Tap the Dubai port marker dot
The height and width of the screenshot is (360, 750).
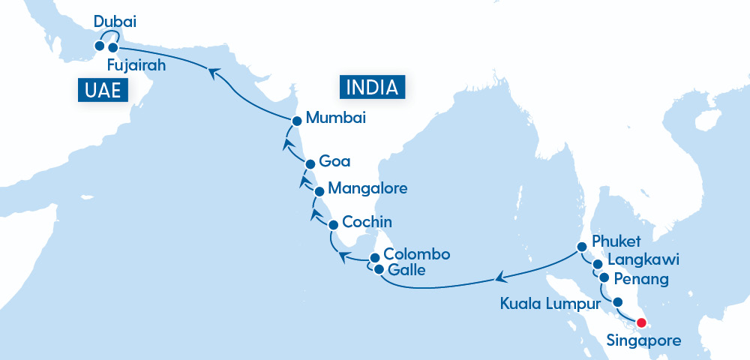[99, 46]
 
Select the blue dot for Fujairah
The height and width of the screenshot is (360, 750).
[113, 48]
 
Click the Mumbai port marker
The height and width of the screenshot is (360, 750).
[297, 120]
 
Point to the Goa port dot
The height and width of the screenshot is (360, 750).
[309, 163]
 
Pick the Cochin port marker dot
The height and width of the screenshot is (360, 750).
[333, 224]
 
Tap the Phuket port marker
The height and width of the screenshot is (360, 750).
[581, 246]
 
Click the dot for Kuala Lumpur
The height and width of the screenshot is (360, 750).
[617, 302]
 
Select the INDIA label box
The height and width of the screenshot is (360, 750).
[373, 87]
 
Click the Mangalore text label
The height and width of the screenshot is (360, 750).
[368, 188]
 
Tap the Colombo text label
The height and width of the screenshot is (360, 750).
[416, 254]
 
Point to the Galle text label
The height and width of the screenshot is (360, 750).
[406, 270]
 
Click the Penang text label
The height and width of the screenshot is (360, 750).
[640, 280]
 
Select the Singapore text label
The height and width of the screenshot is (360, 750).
[643, 341]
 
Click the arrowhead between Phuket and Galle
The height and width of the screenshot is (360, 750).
[497, 279]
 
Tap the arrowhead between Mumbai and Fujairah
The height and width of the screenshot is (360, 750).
[213, 72]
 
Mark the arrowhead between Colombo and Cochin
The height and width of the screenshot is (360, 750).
[343, 257]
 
